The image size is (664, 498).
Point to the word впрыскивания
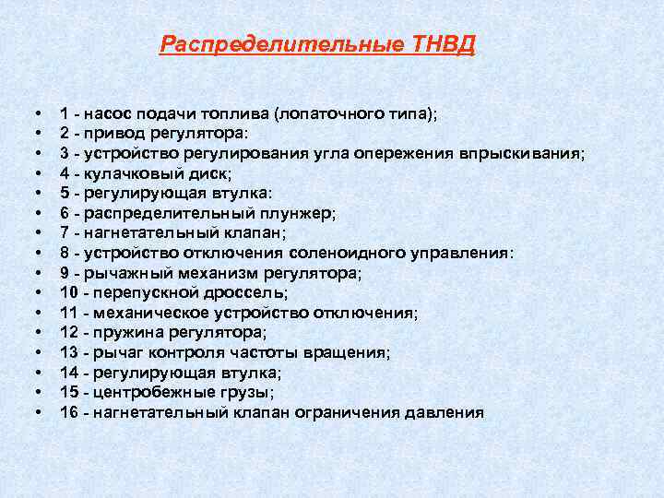524,153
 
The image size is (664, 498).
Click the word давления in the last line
443,412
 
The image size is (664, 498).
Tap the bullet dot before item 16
37,412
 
